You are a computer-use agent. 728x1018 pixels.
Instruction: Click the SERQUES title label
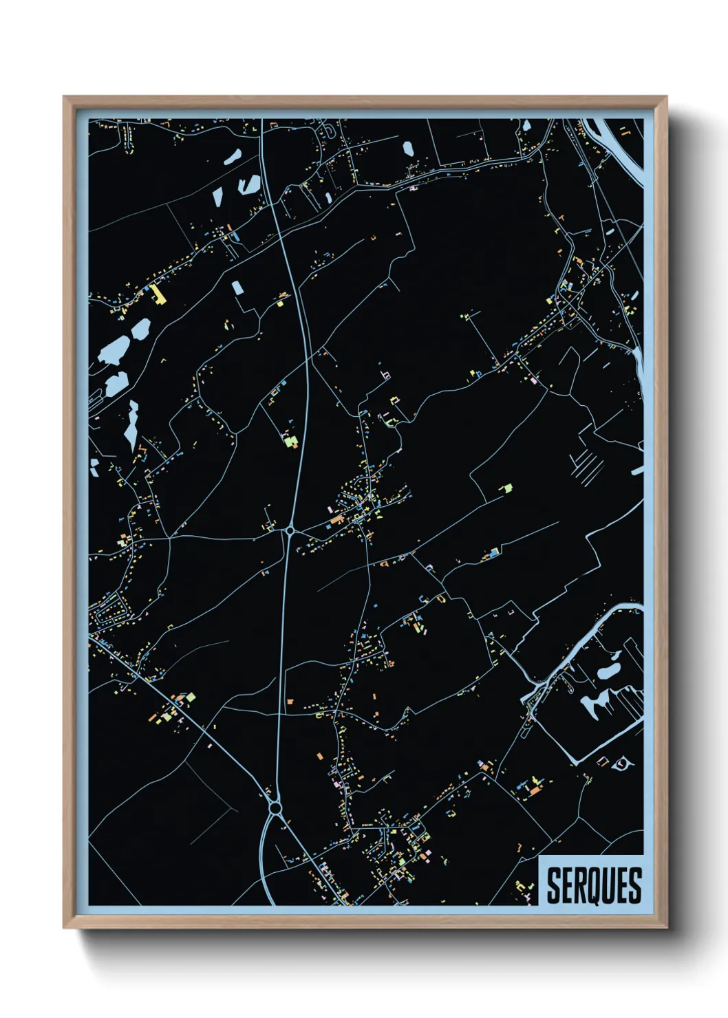pyautogui.click(x=594, y=885)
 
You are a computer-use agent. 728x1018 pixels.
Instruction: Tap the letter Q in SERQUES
pyautogui.click(x=595, y=886)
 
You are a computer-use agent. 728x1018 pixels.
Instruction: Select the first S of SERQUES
pyautogui.click(x=553, y=886)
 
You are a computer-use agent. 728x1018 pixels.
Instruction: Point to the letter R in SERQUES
pyautogui.click(x=580, y=886)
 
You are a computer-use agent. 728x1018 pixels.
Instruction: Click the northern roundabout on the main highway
pyautogui.click(x=290, y=530)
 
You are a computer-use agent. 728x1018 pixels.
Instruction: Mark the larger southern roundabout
pyautogui.click(x=276, y=806)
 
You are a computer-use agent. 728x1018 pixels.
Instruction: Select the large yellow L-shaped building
pyautogui.click(x=159, y=294)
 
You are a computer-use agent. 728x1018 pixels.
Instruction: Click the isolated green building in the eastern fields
pyautogui.click(x=507, y=488)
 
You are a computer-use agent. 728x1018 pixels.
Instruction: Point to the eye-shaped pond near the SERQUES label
pyautogui.click(x=622, y=763)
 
